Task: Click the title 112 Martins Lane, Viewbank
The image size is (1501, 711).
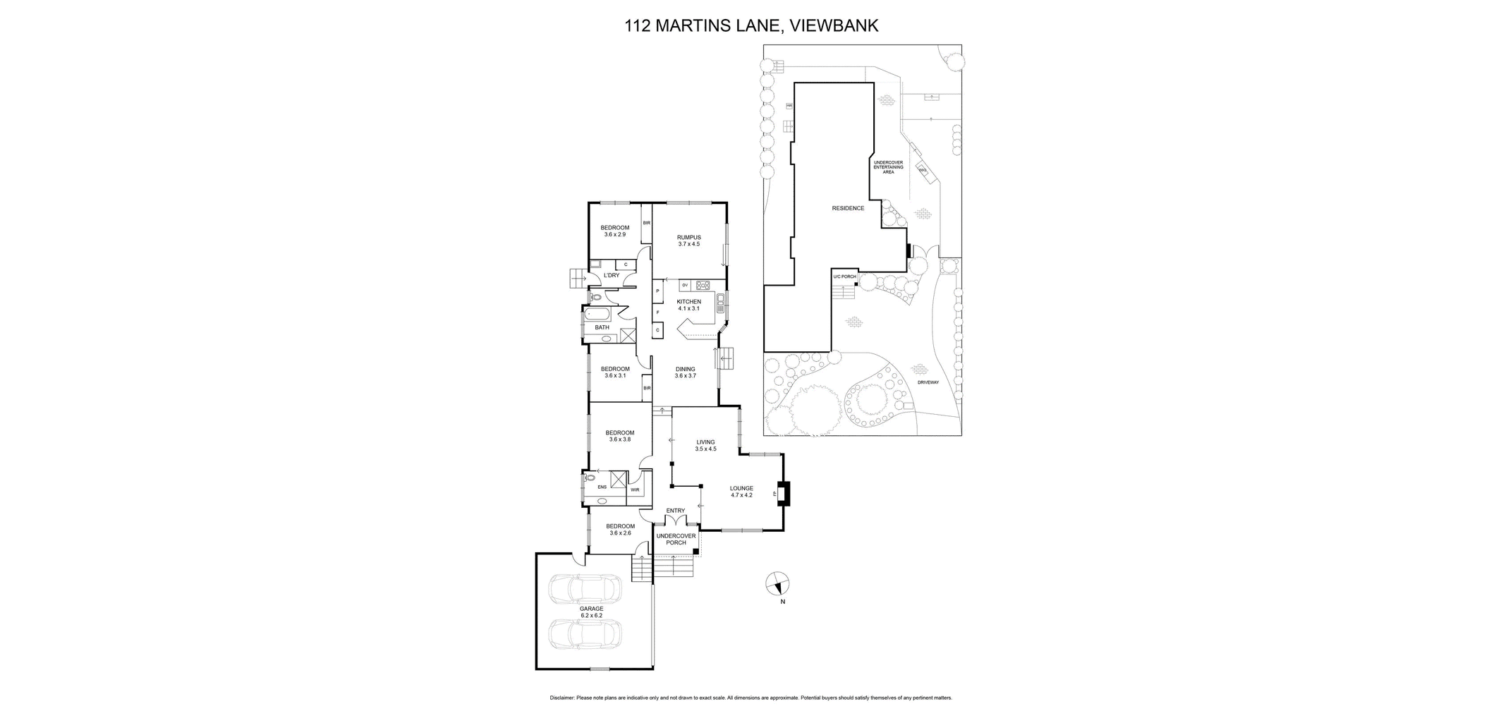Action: click(x=751, y=26)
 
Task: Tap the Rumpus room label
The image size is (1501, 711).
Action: click(x=688, y=241)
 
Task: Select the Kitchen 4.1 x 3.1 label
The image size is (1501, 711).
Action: click(x=688, y=305)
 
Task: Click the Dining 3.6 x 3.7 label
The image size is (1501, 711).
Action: click(x=685, y=372)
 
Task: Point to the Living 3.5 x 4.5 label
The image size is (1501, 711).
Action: click(x=705, y=445)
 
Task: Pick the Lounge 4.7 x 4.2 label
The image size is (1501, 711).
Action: click(x=741, y=491)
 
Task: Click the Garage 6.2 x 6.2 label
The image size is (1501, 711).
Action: click(x=591, y=612)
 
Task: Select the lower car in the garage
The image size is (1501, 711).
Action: click(x=585, y=633)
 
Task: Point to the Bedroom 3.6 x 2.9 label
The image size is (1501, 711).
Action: click(x=614, y=231)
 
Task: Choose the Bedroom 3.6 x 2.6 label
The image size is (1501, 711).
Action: click(x=620, y=529)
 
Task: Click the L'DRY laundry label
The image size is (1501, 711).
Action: click(x=611, y=275)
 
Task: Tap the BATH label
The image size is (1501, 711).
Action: click(x=602, y=327)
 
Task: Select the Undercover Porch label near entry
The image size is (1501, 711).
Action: click(x=676, y=539)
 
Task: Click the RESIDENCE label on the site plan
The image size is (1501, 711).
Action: click(x=848, y=208)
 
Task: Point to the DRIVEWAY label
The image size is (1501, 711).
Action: click(x=928, y=383)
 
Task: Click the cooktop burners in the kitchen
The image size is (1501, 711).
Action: click(x=703, y=285)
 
